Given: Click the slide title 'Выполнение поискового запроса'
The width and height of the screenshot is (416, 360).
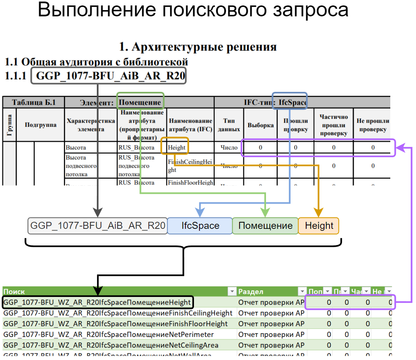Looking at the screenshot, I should point(193,10).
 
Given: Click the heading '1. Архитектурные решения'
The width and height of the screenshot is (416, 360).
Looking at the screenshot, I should point(198,47).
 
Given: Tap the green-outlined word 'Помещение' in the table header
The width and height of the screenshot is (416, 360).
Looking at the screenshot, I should point(140,102).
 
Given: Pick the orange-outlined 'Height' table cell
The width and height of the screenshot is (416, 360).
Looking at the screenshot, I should point(177,148).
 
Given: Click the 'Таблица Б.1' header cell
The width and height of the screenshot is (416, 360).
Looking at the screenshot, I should point(33,102).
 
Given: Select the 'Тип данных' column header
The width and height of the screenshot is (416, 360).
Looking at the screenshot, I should point(229,125).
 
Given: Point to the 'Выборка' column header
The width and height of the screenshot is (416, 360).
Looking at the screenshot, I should point(261,125).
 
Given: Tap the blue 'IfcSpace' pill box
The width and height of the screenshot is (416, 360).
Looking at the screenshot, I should point(200,226).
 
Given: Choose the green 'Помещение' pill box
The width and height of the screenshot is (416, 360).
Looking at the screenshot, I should point(265,226).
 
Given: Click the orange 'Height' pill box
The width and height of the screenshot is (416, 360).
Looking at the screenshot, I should point(319,226).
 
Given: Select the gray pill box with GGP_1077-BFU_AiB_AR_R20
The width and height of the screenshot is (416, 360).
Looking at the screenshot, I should point(98,226).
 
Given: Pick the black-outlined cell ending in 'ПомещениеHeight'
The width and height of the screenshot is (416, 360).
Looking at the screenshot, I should point(97,302).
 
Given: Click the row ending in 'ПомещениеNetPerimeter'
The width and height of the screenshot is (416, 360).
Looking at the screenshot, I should point(109,334).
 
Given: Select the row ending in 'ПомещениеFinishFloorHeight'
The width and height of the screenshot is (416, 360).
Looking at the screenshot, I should point(115,323).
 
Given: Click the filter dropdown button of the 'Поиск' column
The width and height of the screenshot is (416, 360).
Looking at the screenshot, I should point(232,292).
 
